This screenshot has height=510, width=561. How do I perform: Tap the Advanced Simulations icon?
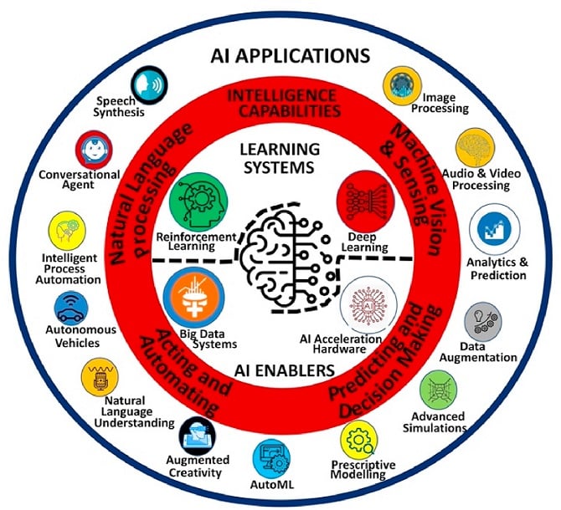(440, 389)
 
